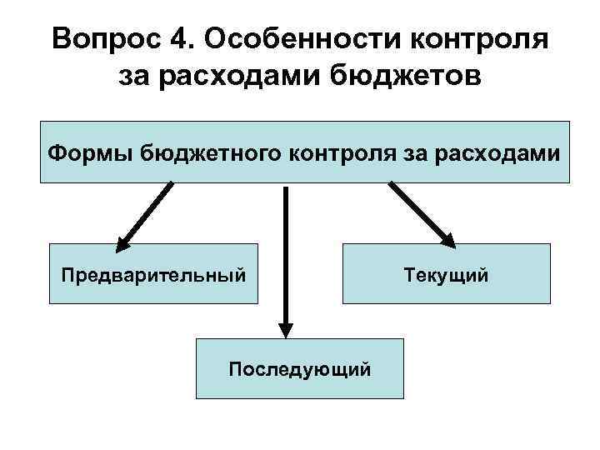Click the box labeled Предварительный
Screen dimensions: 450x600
pos(153,273)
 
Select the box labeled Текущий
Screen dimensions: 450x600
pos(447,273)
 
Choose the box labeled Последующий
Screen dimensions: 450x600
pos(300,367)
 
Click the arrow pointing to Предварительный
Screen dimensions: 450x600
pos(146,215)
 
